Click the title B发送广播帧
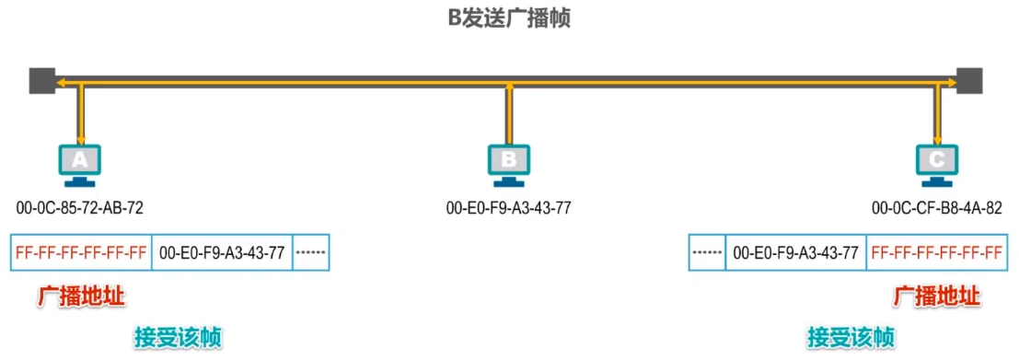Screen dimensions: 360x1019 point(509,18)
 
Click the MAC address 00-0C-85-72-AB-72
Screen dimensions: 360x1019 point(80,208)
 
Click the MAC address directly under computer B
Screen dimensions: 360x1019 point(508,208)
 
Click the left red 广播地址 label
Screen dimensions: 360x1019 point(81,297)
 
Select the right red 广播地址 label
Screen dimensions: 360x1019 point(937,297)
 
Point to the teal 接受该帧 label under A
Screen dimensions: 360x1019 point(177,337)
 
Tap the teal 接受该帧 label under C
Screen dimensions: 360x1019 point(850,337)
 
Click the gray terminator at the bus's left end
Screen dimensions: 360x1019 point(41,80)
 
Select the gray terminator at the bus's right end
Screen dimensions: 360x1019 point(970,80)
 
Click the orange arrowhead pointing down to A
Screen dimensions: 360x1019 point(81,136)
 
